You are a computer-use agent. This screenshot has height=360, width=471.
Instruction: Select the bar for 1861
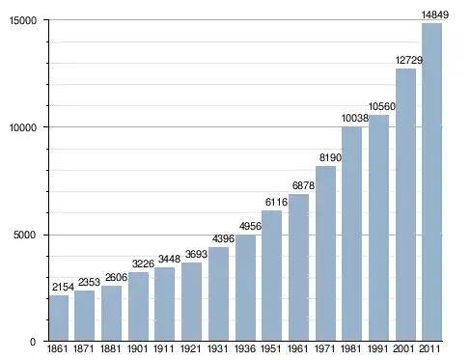(59, 318)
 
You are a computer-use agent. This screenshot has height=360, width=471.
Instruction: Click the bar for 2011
(431, 181)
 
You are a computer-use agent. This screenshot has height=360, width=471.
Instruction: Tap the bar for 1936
(245, 288)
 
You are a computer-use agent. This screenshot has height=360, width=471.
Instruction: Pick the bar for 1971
(325, 253)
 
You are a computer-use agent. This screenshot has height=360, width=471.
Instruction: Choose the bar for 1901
(138, 306)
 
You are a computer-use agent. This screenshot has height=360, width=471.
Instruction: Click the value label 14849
(435, 14)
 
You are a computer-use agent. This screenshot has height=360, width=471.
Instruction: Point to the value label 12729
(409, 60)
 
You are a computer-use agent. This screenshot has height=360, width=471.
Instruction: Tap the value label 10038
(355, 119)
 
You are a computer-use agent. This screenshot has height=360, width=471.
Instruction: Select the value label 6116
(276, 202)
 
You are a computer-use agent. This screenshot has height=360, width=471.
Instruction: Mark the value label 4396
(223, 238)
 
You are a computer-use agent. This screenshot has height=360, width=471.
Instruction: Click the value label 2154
(63, 287)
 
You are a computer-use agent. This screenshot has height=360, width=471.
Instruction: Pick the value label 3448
(169, 259)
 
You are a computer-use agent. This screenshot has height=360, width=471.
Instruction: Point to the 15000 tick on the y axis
(23, 20)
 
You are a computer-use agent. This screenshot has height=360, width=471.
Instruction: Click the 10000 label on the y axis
(23, 127)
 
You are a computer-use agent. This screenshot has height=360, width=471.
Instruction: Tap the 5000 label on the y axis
(25, 235)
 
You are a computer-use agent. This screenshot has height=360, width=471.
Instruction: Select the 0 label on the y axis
(33, 342)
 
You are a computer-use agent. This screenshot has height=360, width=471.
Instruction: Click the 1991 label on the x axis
(378, 348)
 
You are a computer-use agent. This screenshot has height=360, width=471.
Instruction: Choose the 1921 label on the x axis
(191, 348)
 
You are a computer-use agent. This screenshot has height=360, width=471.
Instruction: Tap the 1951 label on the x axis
(271, 348)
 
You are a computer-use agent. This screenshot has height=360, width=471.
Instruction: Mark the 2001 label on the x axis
(403, 348)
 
